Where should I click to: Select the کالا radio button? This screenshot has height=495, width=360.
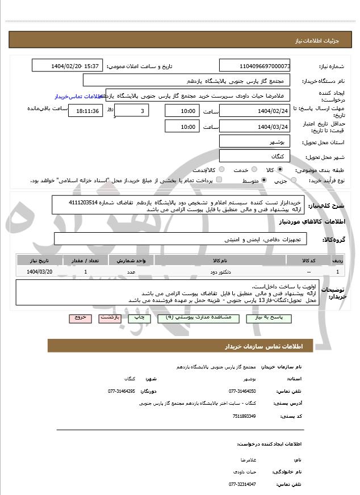click(x=280, y=170)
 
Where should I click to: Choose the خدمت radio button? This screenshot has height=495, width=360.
click(x=253, y=170)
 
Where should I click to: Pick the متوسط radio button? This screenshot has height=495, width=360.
click(x=263, y=181)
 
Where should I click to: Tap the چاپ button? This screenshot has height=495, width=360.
click(x=139, y=318)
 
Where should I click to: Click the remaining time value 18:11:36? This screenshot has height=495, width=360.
click(x=86, y=111)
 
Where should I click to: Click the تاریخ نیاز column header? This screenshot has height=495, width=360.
click(x=40, y=260)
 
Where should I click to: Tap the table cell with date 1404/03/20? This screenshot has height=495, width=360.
click(x=40, y=272)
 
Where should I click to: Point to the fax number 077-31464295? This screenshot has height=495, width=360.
click(x=122, y=391)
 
